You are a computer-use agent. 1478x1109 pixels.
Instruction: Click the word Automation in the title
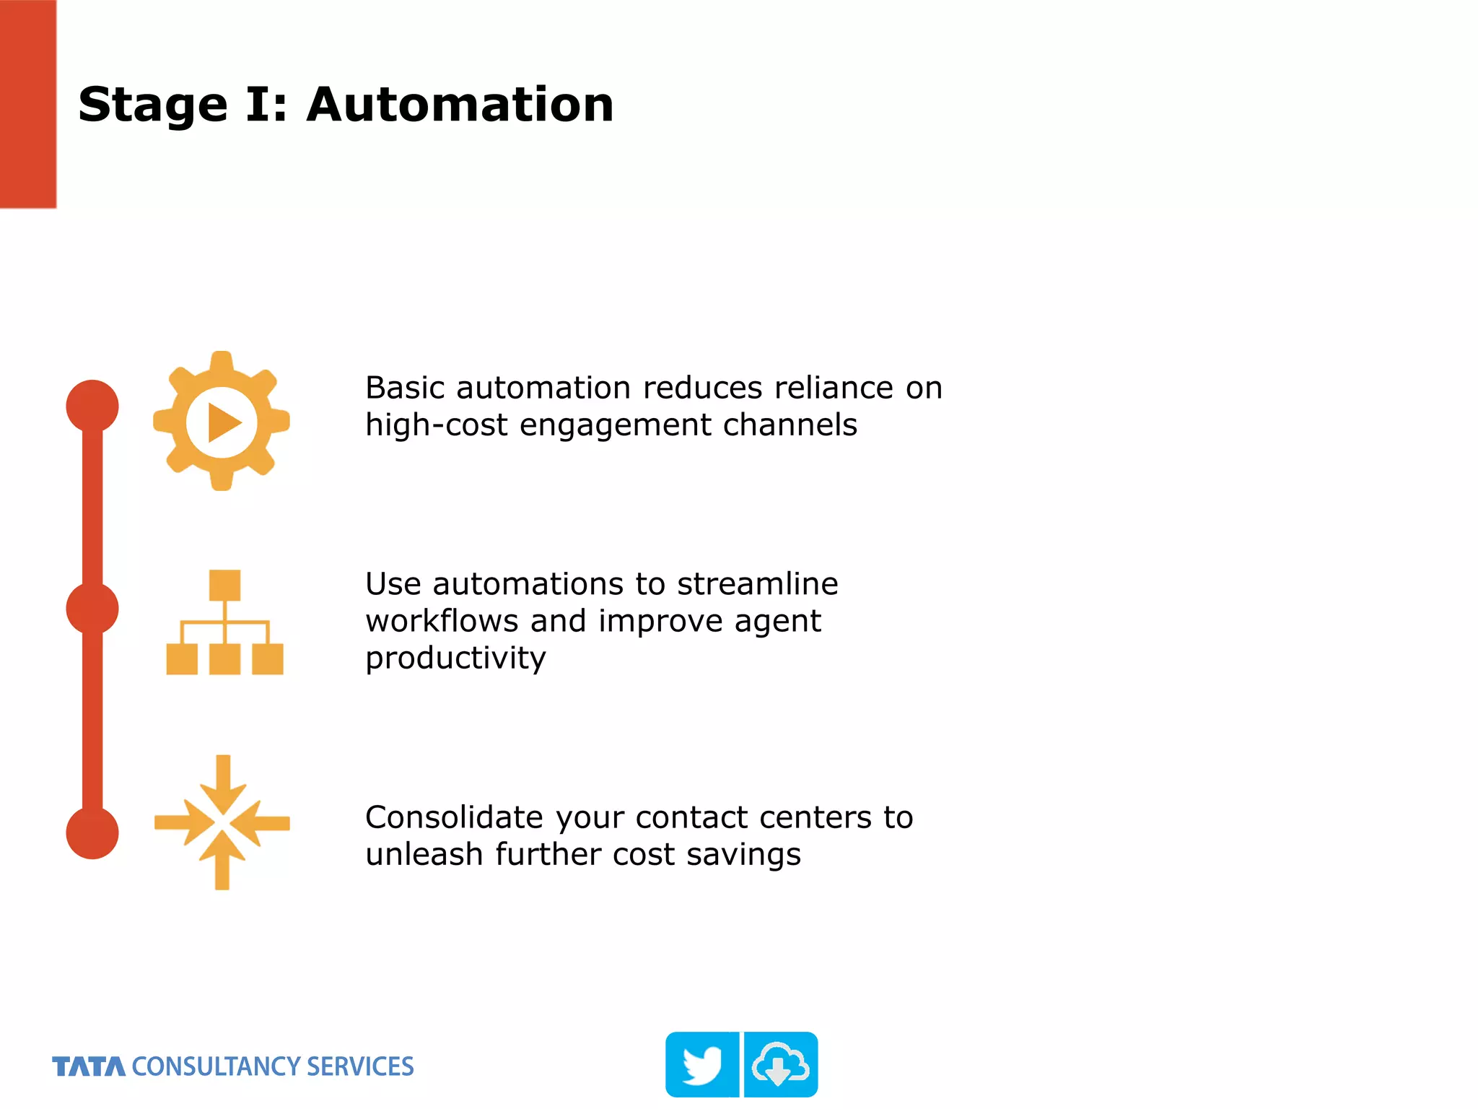[460, 105]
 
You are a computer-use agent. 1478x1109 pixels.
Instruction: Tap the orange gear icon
[222, 422]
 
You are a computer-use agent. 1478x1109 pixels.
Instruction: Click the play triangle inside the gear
[223, 422]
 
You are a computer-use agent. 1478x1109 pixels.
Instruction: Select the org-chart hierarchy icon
[224, 622]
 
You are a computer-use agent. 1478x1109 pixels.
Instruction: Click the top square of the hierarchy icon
[224, 585]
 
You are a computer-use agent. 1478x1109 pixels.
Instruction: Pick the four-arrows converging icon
[222, 822]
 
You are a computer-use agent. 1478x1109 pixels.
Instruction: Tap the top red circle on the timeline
[92, 406]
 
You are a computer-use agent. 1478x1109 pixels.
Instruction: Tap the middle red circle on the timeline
[92, 609]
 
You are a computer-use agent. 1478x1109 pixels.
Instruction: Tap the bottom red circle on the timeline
[92, 832]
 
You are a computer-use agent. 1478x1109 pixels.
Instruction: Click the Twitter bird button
[702, 1065]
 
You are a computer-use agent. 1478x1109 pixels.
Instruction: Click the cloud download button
[781, 1065]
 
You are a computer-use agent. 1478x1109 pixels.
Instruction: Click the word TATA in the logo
[89, 1066]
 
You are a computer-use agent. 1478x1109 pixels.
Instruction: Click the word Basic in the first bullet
[405, 388]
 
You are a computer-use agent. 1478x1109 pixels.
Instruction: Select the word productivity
[455, 658]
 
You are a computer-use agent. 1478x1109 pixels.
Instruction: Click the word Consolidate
[454, 818]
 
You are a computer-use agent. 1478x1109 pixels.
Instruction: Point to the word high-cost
[437, 425]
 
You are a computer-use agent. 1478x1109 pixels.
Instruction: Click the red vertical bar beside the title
[28, 104]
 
